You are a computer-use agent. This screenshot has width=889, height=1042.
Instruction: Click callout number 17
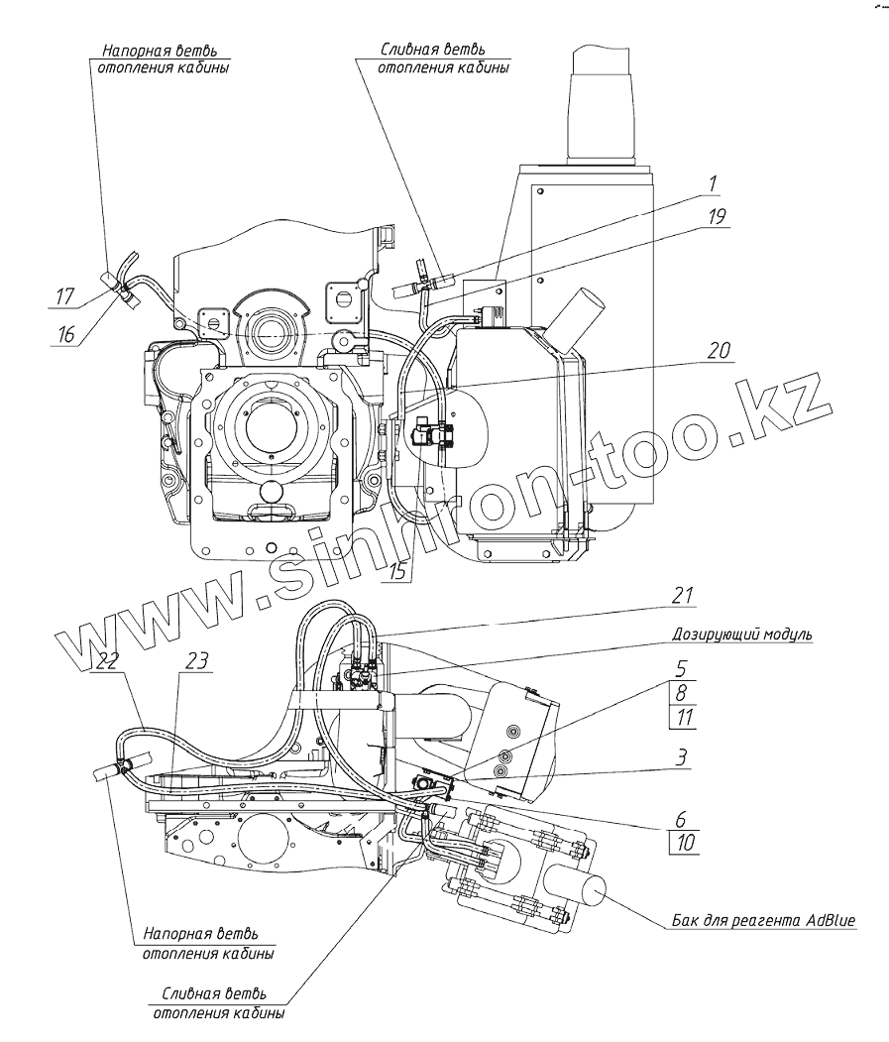(64, 294)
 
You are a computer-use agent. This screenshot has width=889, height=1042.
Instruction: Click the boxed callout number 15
(397, 572)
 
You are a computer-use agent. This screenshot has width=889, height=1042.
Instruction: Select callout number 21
(681, 595)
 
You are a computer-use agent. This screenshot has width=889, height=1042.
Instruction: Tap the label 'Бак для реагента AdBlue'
(761, 920)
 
